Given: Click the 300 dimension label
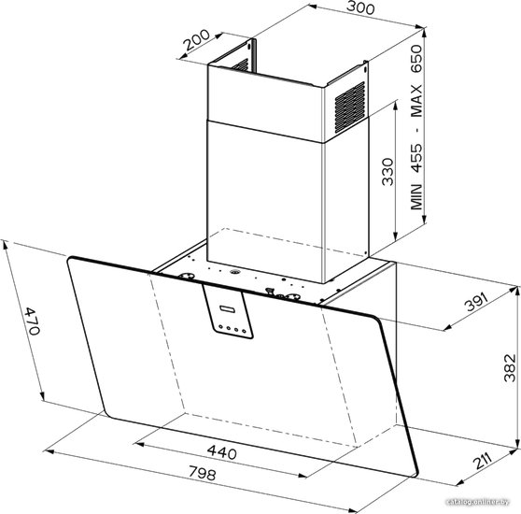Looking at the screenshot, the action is [x=360, y=7].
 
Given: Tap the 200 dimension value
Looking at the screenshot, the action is [x=197, y=40].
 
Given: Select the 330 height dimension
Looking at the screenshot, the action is [x=387, y=172].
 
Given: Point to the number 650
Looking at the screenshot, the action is [x=416, y=59].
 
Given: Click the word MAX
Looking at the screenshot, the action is [x=416, y=100].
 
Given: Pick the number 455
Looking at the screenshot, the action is [x=416, y=158].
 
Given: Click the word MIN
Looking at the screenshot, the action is [x=416, y=196].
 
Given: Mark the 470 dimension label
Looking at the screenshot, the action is [x=33, y=321].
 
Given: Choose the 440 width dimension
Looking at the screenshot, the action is [x=222, y=452].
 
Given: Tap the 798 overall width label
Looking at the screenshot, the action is [x=203, y=473].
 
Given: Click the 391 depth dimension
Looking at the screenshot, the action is [x=477, y=302].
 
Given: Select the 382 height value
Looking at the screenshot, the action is [x=510, y=367].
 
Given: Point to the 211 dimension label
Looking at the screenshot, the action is [x=483, y=461].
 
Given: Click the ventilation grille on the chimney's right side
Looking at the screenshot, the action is [x=350, y=107].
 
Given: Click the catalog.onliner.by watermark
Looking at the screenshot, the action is [x=478, y=502].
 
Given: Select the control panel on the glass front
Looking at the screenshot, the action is [x=228, y=312].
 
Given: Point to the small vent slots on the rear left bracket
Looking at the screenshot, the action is [x=240, y=65].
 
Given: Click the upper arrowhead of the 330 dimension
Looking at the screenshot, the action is [x=395, y=106].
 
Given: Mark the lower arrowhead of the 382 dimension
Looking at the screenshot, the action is [x=517, y=443].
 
